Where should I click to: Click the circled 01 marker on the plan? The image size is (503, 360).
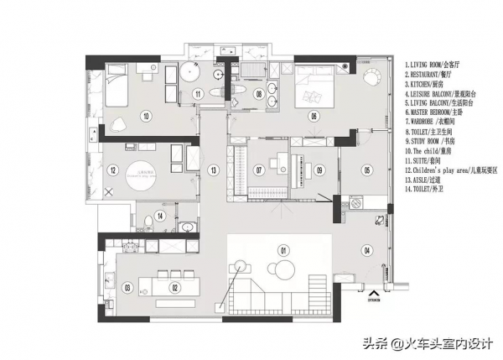283,250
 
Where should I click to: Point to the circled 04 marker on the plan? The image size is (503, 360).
366,250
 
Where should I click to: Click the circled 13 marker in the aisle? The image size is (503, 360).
214,170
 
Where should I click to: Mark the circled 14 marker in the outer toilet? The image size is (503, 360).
160,216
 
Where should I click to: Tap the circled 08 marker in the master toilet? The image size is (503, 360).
259,94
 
